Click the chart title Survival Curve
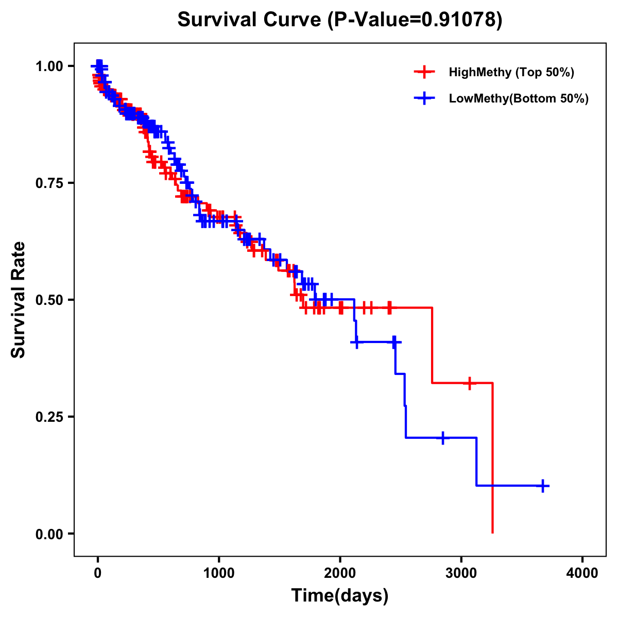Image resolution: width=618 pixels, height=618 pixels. [x=250, y=20]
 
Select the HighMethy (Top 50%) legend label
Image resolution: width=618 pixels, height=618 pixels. [x=511, y=72]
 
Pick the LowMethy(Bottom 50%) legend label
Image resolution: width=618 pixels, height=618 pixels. [x=518, y=99]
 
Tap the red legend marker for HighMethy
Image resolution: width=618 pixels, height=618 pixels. [x=424, y=72]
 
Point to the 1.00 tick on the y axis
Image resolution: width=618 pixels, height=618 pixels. [x=48, y=66]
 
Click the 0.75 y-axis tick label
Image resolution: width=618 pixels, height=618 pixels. [x=48, y=183]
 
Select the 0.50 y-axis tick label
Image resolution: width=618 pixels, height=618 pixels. [x=48, y=300]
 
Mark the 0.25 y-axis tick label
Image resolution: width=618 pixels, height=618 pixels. [x=48, y=417]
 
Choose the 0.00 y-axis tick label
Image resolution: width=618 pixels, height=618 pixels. [x=48, y=534]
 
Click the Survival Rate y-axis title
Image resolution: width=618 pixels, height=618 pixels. [x=19, y=300]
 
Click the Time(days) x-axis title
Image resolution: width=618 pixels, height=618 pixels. [x=340, y=596]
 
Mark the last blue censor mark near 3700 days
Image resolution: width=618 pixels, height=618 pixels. [x=543, y=486]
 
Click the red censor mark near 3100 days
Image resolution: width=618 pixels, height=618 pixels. [x=469, y=383]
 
